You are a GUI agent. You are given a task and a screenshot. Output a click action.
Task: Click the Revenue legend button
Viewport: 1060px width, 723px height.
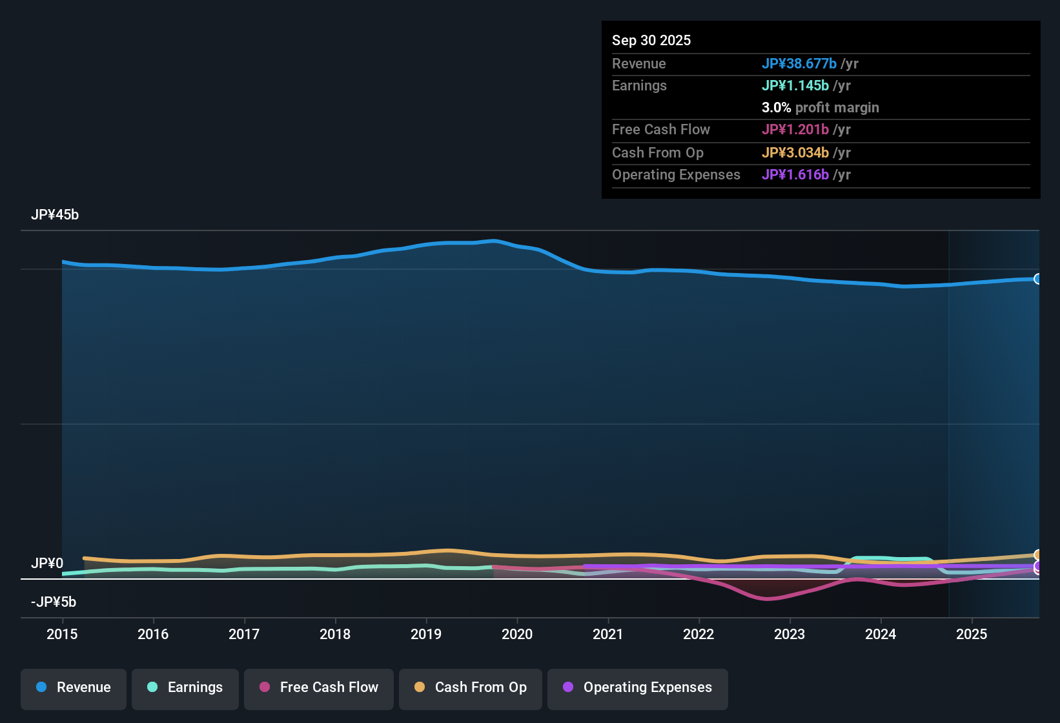(x=74, y=687)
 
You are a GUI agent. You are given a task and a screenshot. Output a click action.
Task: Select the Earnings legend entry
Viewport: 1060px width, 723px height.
(x=185, y=687)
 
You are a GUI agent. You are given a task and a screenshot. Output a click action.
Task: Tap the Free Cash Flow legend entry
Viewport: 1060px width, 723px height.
(x=319, y=687)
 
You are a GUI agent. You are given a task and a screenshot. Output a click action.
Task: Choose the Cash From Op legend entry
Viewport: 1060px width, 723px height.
(x=471, y=687)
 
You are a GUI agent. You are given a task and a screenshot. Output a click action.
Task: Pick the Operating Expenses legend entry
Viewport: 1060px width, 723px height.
(x=638, y=687)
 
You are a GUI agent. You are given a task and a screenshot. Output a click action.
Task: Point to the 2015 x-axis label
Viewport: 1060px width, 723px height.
(x=62, y=635)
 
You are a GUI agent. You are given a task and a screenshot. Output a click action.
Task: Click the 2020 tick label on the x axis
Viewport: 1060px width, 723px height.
(x=517, y=635)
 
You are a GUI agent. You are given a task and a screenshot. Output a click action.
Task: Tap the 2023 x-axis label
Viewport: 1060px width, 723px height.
(x=790, y=635)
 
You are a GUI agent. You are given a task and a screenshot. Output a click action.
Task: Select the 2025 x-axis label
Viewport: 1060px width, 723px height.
(x=972, y=635)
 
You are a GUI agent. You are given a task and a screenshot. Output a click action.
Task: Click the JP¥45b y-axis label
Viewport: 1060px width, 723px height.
(x=55, y=215)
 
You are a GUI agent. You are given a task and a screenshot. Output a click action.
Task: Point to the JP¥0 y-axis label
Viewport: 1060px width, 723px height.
(x=47, y=564)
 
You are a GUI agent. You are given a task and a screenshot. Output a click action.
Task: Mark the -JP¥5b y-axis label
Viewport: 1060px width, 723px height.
(x=54, y=602)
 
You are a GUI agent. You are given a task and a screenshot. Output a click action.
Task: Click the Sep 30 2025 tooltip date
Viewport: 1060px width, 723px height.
(x=651, y=41)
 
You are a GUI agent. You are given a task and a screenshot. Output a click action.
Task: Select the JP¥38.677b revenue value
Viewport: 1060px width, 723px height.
(x=799, y=64)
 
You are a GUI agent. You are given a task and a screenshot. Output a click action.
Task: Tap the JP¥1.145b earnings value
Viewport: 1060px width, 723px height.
(x=795, y=86)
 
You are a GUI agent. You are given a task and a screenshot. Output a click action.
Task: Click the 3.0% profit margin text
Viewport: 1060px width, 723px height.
(x=820, y=108)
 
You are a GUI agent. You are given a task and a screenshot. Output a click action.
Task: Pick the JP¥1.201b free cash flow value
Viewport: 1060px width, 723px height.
(x=795, y=130)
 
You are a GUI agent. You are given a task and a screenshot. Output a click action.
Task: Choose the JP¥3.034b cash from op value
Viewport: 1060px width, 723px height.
(x=795, y=153)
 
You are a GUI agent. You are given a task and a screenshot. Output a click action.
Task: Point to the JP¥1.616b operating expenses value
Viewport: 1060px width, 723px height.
(x=795, y=175)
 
